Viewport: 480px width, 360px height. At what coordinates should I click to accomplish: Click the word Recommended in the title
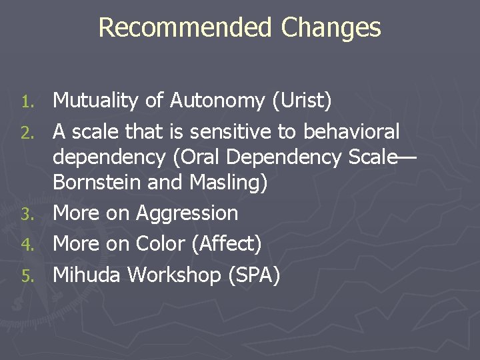click(x=185, y=28)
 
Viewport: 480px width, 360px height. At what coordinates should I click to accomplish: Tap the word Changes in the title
click(x=331, y=28)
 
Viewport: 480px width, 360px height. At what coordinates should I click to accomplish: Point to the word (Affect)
click(x=226, y=244)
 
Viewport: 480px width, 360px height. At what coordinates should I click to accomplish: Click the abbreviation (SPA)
click(x=254, y=275)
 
